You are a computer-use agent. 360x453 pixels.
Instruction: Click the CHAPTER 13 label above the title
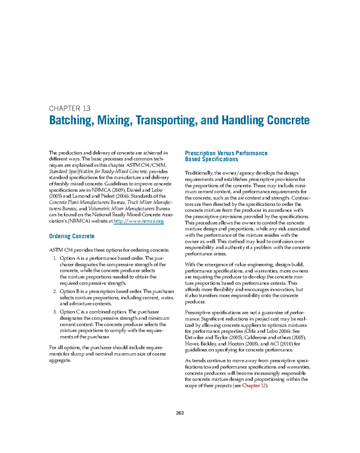[70, 108]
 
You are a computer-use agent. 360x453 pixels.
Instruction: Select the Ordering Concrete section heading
[72, 236]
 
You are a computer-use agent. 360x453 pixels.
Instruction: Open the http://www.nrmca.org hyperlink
[139, 221]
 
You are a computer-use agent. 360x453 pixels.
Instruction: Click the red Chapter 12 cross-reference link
[254, 386]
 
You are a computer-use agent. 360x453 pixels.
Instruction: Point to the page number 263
[180, 413]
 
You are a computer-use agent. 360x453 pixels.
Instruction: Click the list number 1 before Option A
[55, 258]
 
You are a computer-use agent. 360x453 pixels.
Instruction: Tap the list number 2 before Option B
[55, 292]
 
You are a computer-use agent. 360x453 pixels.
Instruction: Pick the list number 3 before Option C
[55, 312]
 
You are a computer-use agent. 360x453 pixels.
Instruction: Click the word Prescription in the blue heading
[200, 153]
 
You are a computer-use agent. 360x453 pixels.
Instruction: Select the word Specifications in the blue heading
[220, 159]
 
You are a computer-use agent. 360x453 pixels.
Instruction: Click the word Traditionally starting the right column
[199, 173]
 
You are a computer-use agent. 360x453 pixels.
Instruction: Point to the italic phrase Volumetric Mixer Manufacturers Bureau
[129, 209]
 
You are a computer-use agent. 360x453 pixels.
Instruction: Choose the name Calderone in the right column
[255, 338]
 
